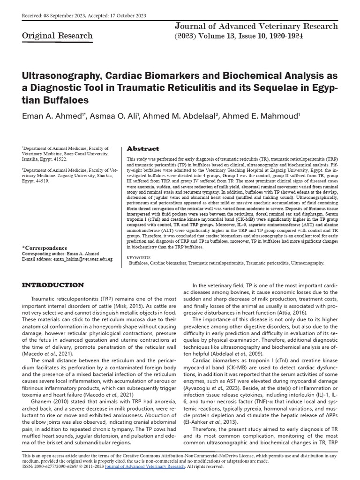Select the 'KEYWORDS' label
click(x=139, y=257)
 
